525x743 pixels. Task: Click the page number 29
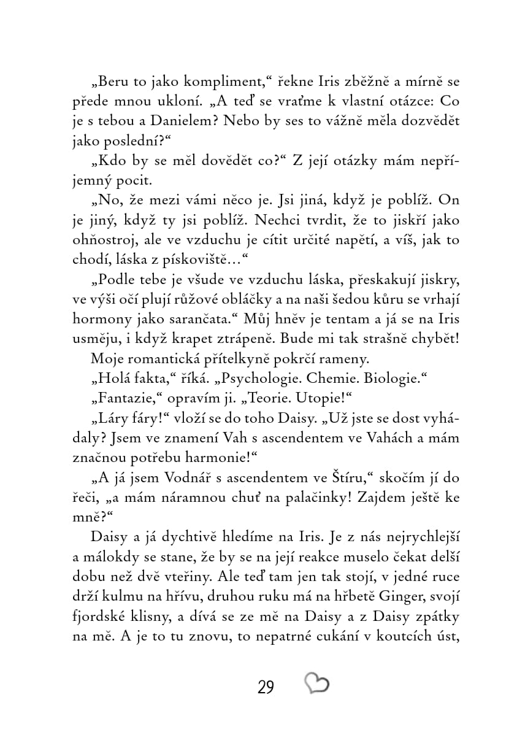[266, 687]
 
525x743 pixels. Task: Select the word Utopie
[326, 398]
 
